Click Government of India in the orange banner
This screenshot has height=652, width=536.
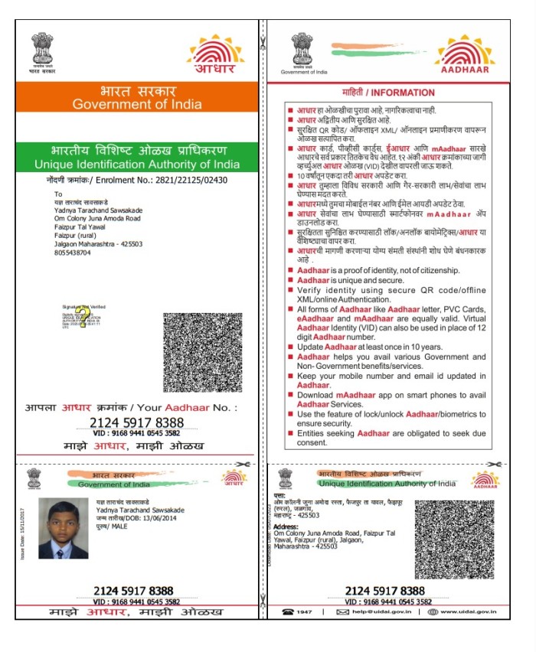(137, 104)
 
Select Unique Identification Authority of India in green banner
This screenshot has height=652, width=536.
(137, 165)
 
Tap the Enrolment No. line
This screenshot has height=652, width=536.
(137, 180)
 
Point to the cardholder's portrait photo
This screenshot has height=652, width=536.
(63, 528)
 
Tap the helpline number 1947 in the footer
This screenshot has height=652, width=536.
(305, 611)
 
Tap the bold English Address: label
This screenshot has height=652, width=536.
(288, 527)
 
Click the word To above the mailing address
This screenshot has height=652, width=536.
(57, 194)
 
